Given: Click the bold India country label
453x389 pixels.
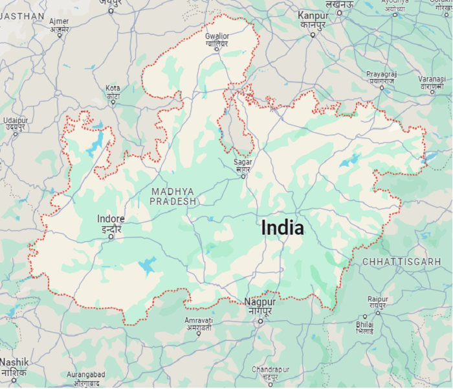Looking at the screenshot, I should tap(282, 228).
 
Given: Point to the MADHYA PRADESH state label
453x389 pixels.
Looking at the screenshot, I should tap(173, 196).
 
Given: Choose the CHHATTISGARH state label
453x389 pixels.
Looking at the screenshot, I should tap(401, 261).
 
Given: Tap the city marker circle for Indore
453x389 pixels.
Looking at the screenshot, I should tap(111, 237).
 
